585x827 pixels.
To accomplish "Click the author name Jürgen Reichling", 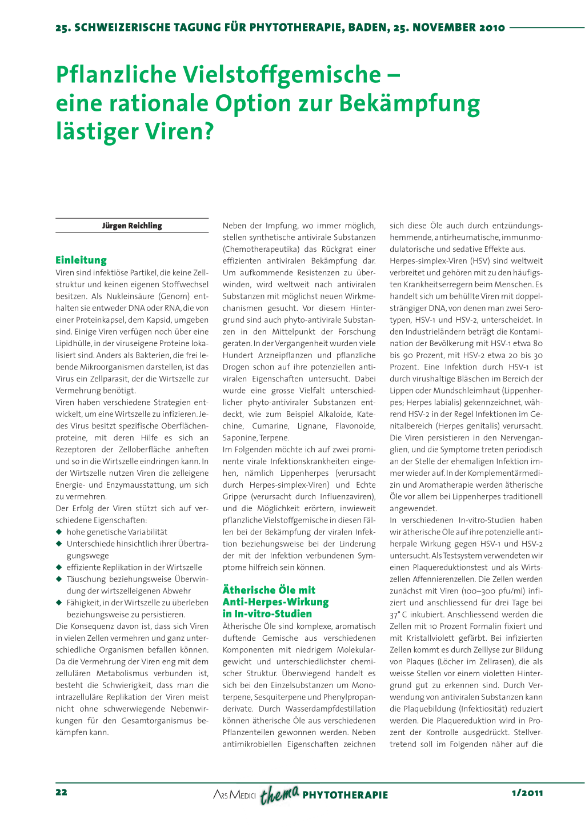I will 132,226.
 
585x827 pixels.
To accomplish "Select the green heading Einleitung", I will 81,260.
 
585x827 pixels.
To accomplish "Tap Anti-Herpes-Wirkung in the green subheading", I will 275,602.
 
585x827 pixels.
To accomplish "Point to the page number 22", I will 61,792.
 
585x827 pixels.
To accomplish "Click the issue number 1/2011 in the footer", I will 527,793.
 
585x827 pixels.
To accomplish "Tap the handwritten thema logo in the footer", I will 279,794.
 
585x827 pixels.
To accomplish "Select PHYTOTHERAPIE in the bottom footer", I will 345,795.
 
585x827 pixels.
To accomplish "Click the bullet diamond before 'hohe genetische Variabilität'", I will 59,532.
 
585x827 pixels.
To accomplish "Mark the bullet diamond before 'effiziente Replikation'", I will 59,567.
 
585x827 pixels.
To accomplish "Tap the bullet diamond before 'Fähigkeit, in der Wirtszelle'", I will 59,603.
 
